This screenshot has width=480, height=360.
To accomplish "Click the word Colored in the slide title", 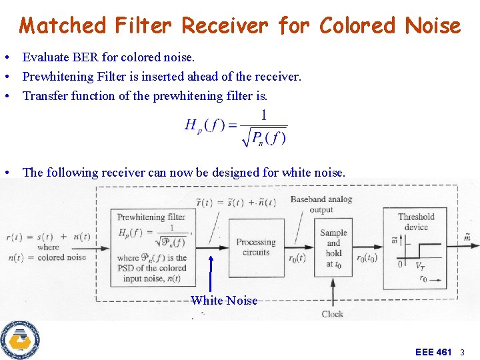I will [x=357, y=26].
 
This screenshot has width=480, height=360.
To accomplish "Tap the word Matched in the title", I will [x=63, y=26].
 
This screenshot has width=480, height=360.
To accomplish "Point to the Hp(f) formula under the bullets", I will [x=235, y=127].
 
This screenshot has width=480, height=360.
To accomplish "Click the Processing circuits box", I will [x=255, y=247].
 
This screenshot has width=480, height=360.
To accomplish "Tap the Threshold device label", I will [x=416, y=221].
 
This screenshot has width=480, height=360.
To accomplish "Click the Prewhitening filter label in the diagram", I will [x=151, y=217].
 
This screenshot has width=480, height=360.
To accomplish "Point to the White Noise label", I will [x=224, y=301].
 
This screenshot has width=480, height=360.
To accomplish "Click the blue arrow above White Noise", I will [x=211, y=273].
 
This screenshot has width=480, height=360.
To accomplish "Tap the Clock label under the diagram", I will [x=333, y=313].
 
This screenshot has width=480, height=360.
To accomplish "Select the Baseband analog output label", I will [x=321, y=204].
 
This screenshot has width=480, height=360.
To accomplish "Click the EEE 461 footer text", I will [x=433, y=351].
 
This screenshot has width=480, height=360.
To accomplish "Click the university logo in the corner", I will [x=20, y=340].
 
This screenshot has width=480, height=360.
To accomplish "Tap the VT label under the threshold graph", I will [x=420, y=265].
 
